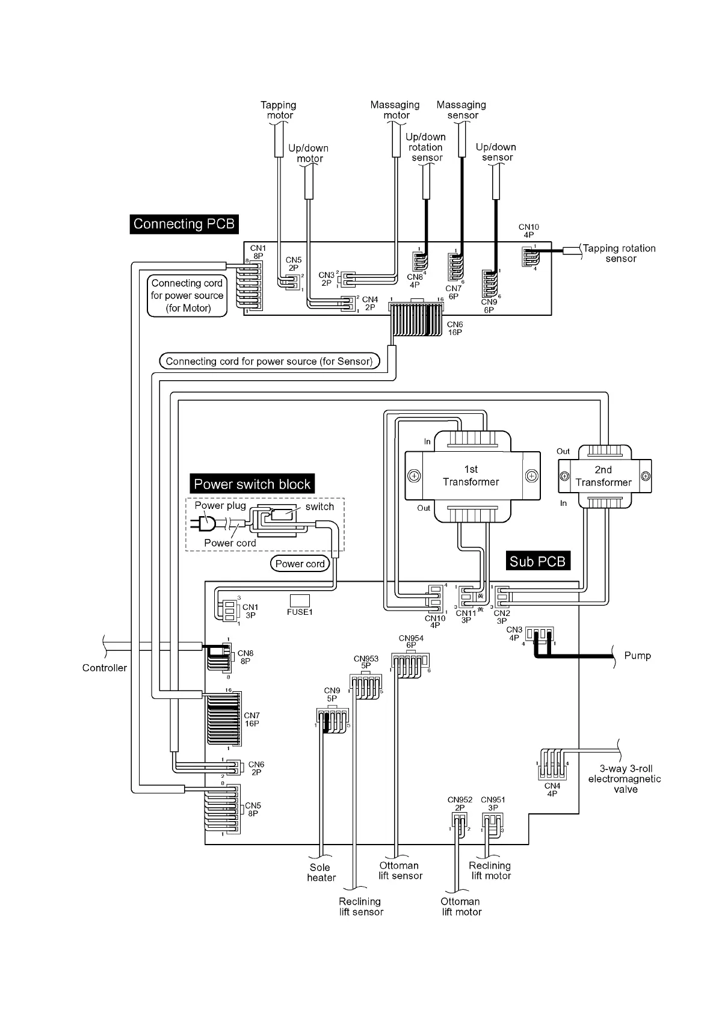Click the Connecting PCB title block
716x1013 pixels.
184,224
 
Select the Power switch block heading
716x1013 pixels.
252,484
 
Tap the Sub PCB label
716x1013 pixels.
537,561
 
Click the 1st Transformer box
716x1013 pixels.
471,475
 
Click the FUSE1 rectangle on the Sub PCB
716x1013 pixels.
300,600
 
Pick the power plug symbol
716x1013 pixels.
205,524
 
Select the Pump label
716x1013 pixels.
637,656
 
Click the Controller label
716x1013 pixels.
105,668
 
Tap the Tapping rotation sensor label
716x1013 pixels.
620,253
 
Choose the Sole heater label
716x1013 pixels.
321,872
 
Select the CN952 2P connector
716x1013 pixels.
459,822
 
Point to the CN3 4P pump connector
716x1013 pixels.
539,635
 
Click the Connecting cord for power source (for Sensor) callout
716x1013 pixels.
270,362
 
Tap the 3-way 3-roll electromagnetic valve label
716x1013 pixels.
625,779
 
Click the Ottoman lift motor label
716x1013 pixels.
461,907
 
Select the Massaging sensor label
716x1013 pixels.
461,109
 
